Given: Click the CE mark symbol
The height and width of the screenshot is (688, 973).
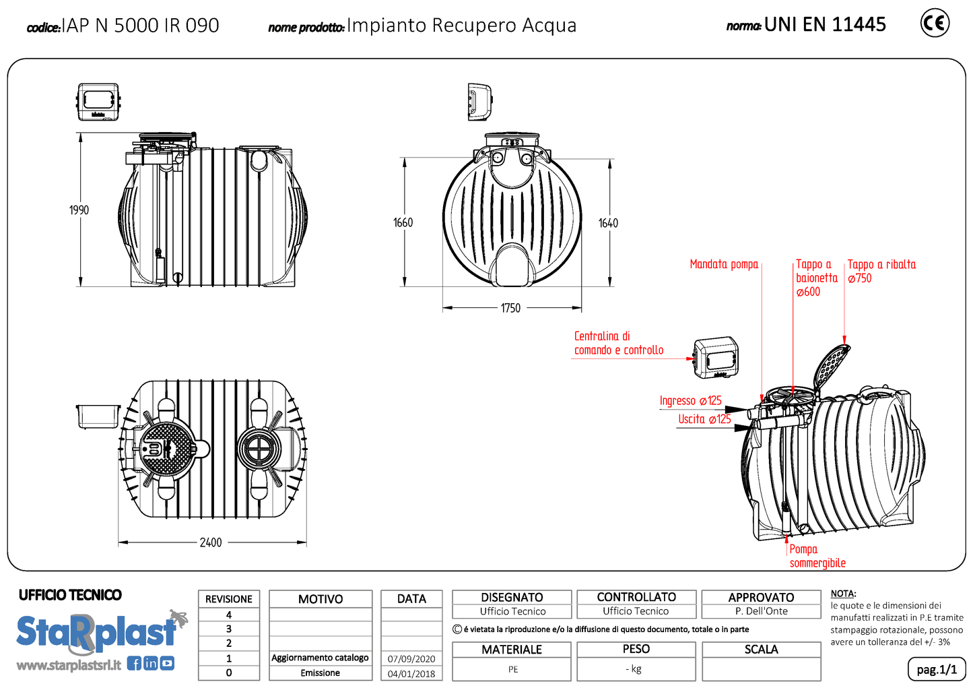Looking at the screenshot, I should click(x=935, y=24).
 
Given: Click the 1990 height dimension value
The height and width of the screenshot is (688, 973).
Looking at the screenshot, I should click(x=79, y=210).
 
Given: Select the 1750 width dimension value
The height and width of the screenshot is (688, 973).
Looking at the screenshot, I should click(x=510, y=308).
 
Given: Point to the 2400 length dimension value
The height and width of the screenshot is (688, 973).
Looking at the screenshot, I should click(x=210, y=542).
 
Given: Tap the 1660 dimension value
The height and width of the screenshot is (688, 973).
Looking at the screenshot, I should click(x=403, y=222).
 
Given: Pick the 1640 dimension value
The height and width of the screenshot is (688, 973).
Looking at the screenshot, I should click(x=608, y=223).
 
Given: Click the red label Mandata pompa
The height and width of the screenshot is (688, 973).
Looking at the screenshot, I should click(x=724, y=264).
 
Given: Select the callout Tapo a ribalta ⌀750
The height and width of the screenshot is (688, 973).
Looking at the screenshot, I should click(x=881, y=271).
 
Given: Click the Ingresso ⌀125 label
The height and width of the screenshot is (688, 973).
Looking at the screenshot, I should click(x=690, y=401).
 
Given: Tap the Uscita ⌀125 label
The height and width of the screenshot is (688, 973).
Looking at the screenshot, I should click(x=704, y=419).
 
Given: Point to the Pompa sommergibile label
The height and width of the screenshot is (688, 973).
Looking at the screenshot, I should click(x=817, y=556).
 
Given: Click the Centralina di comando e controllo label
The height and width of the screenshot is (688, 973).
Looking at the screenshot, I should click(x=618, y=343).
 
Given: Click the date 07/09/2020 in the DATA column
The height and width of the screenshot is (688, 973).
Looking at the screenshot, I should click(x=411, y=659).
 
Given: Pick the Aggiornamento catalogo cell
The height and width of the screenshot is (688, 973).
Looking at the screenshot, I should click(x=321, y=658).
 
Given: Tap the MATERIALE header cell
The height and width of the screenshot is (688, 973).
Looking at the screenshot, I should click(x=512, y=650).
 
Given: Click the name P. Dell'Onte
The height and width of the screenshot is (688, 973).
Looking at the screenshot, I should click(x=761, y=611).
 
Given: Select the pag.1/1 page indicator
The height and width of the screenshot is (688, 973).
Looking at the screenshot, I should click(x=937, y=669).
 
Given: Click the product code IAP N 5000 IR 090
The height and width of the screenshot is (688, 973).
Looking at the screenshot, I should click(x=140, y=26).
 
